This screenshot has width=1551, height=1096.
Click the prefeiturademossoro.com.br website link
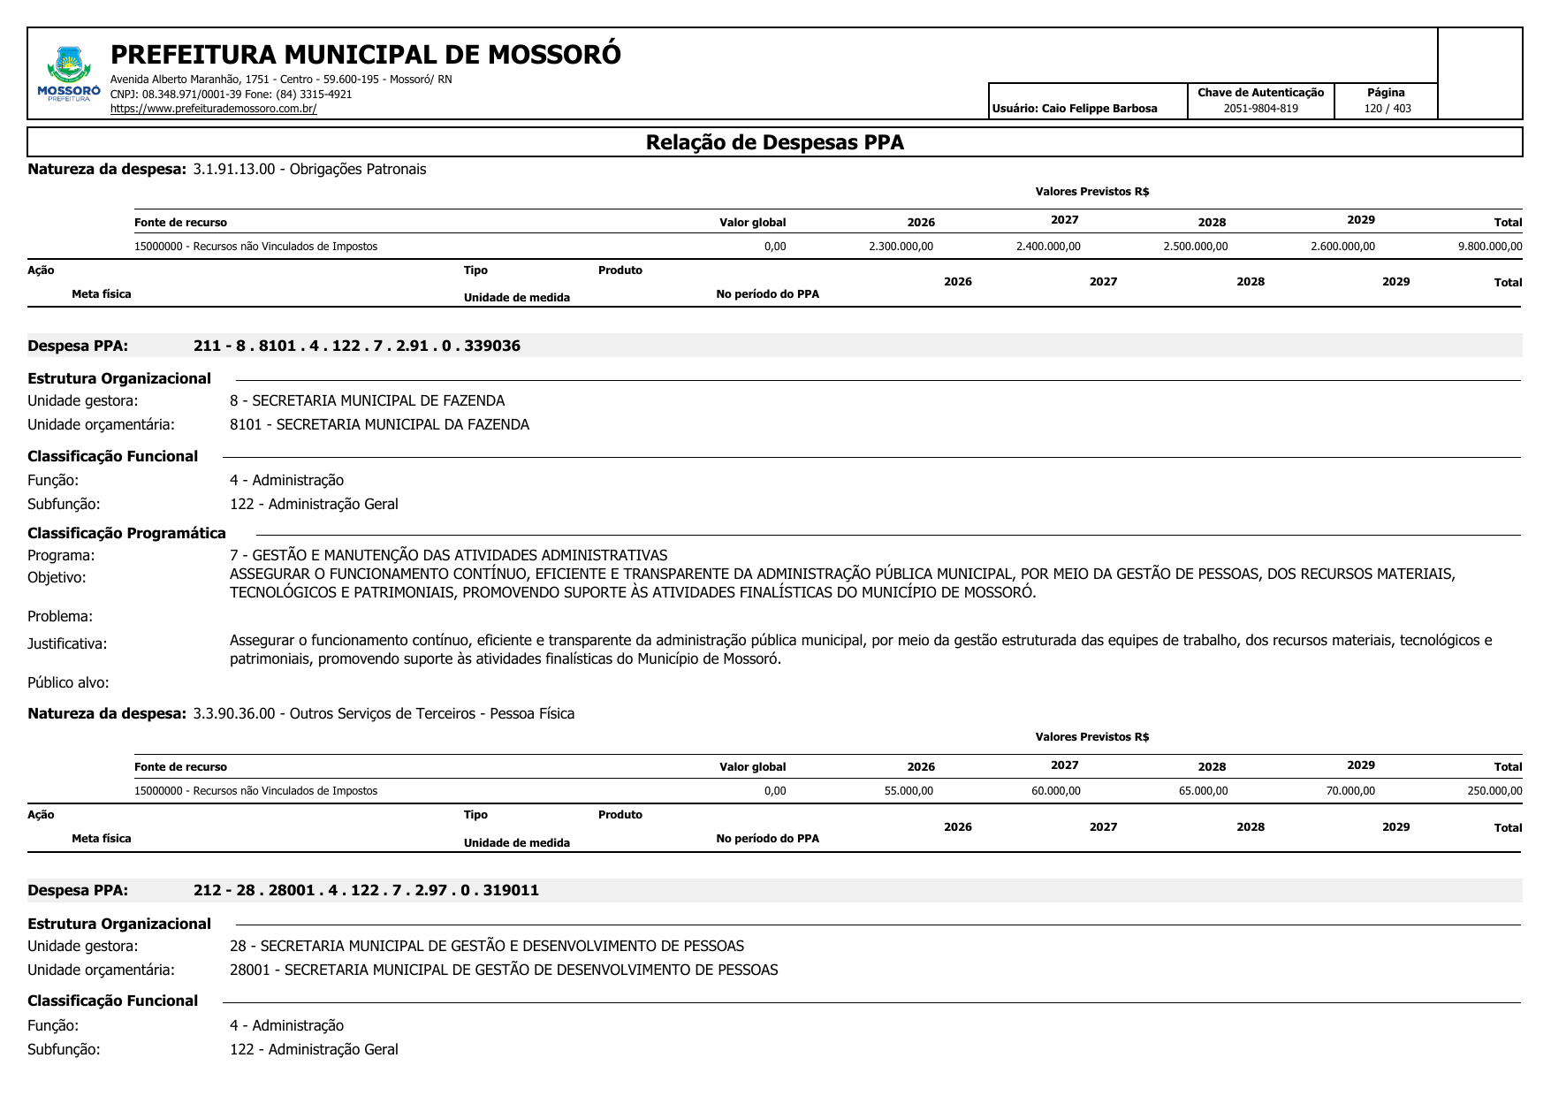213,109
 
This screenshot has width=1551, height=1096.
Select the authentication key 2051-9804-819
1260,109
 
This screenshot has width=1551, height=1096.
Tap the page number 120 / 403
1387,109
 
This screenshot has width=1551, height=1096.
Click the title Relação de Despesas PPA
774,142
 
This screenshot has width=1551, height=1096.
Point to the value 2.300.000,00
901,247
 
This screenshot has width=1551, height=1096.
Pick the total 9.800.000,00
1489,247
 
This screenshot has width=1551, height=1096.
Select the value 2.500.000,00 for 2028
1195,247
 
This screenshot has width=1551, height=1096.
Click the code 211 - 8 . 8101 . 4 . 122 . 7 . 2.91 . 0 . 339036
356,346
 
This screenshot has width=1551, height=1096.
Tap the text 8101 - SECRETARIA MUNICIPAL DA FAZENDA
379,424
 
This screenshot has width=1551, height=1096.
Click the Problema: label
60,616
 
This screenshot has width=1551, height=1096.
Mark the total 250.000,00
1494,791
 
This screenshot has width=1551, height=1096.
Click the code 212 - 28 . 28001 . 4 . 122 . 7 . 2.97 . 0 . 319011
366,890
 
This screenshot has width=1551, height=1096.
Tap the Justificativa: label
67,643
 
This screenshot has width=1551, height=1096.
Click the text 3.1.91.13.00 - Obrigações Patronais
309,169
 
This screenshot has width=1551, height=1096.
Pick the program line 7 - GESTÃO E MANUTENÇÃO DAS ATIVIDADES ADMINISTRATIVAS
448,555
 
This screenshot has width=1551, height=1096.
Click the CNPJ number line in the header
231,94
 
